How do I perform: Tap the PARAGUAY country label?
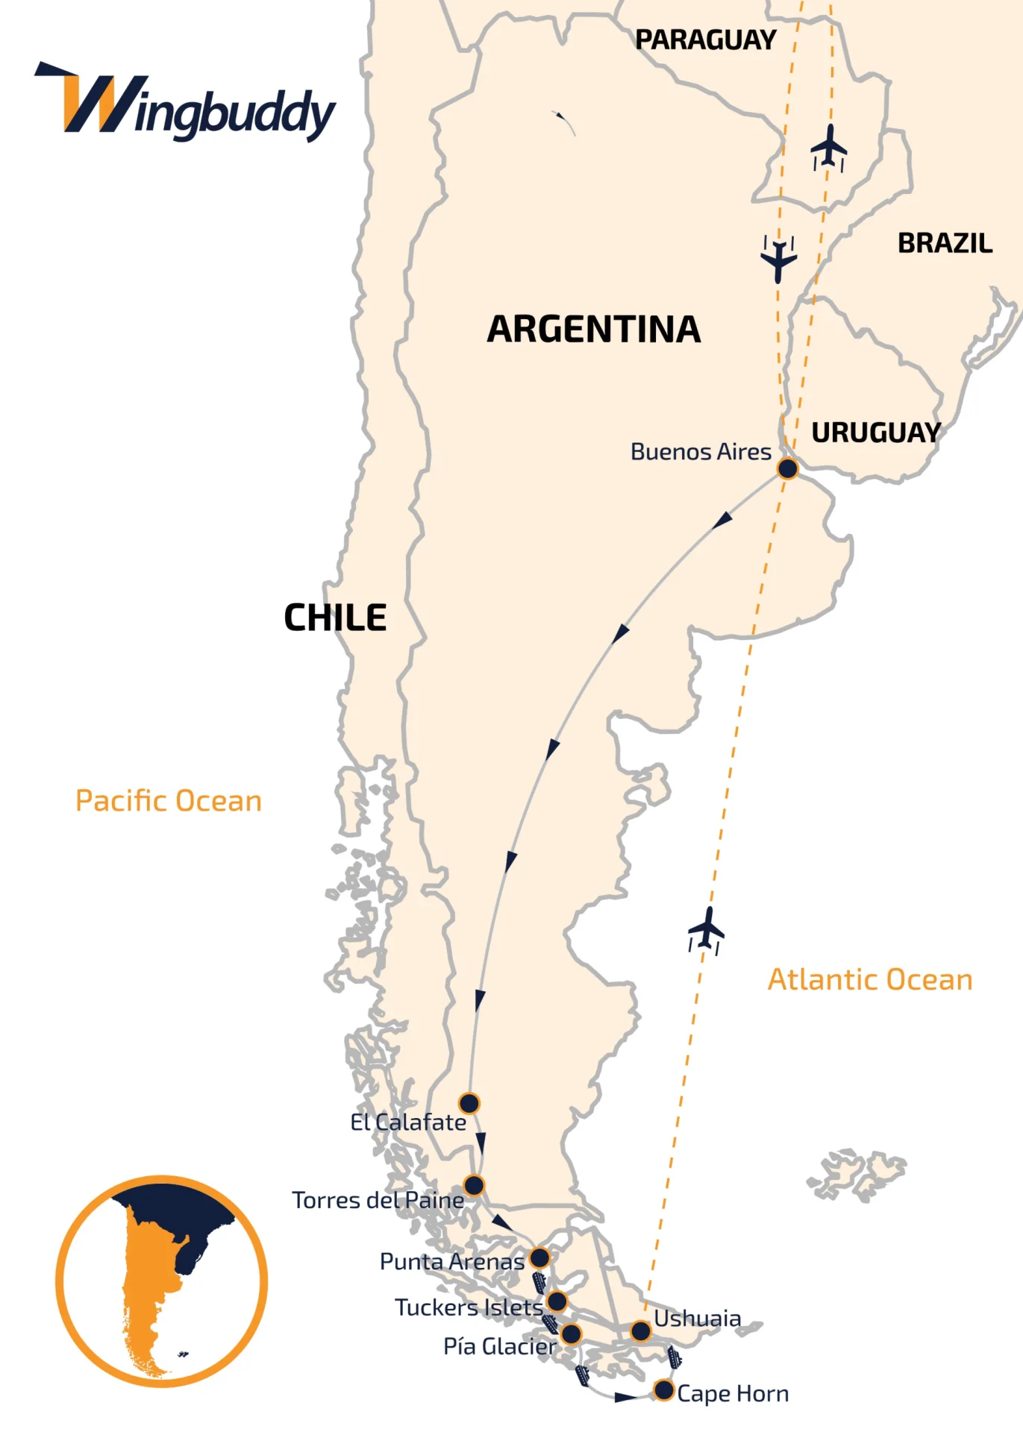(x=705, y=40)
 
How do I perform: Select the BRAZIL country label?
(x=945, y=243)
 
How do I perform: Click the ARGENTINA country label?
(x=594, y=330)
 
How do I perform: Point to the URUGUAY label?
(x=876, y=433)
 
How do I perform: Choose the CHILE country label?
(x=335, y=618)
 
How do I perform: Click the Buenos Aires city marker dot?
(x=787, y=468)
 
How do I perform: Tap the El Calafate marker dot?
(x=469, y=1103)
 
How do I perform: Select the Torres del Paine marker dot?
(x=474, y=1185)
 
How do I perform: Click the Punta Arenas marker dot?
(x=539, y=1258)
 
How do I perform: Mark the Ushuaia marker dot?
(x=640, y=1331)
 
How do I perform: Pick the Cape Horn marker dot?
(x=663, y=1390)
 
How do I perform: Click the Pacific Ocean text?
(x=169, y=801)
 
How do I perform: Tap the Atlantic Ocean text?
(x=870, y=980)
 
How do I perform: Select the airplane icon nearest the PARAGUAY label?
(x=828, y=148)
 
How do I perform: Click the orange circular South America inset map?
(x=161, y=1281)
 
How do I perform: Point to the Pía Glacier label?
(x=500, y=1346)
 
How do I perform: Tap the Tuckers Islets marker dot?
(x=557, y=1301)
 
